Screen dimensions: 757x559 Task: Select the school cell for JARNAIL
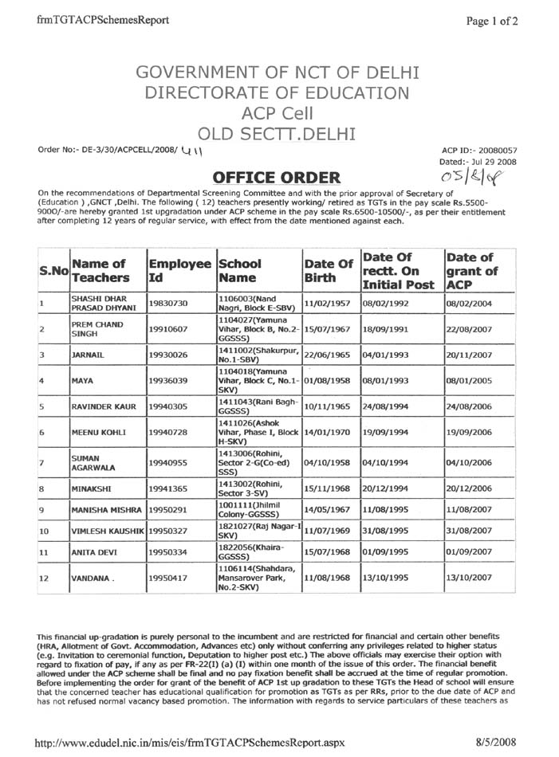[258, 352]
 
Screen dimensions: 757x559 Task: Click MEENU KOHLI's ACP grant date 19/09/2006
[472, 433]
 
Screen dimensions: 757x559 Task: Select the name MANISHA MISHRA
[108, 508]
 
